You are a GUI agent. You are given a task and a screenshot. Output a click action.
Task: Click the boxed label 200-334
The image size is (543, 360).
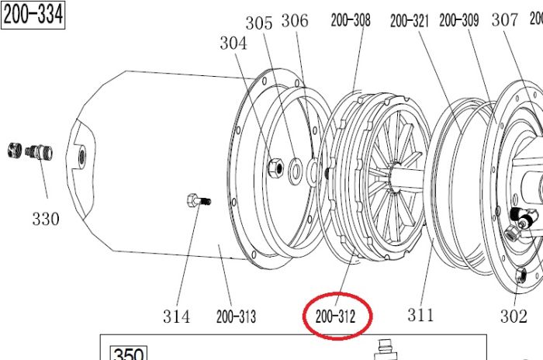(x=33, y=15)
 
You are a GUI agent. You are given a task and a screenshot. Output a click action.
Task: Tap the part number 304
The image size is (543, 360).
(x=233, y=43)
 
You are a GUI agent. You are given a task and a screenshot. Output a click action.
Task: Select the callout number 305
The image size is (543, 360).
(x=259, y=23)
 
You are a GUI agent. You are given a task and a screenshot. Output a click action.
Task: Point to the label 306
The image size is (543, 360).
(x=295, y=21)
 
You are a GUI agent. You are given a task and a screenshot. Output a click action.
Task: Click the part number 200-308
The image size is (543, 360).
(x=351, y=20)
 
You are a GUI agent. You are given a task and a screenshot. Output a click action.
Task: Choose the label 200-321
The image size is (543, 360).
(x=410, y=21)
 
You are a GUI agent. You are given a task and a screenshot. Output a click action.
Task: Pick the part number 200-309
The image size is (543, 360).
(x=459, y=20)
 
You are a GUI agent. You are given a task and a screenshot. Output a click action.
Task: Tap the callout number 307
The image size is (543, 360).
(x=505, y=19)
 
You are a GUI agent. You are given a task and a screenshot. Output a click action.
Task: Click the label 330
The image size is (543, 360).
(x=46, y=219)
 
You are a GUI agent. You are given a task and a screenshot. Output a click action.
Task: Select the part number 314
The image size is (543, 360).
(x=176, y=317)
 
